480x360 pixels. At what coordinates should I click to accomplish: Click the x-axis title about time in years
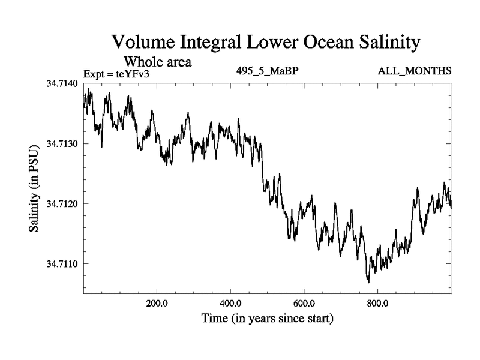[267, 317]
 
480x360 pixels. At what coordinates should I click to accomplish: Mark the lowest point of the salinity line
[368, 281]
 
